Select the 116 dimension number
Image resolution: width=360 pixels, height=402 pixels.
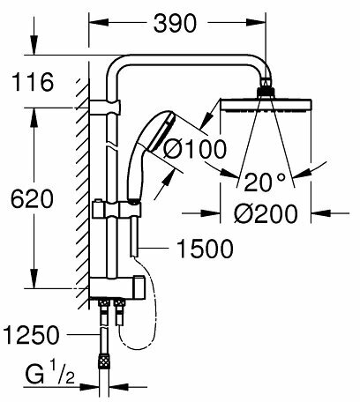click(x=34, y=84)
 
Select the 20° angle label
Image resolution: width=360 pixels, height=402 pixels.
click(x=266, y=182)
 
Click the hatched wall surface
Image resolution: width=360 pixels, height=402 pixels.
click(x=82, y=194)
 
